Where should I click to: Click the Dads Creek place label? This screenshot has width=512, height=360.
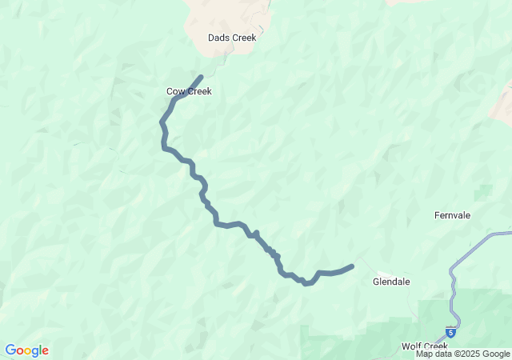231,38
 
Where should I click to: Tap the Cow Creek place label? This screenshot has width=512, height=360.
189,91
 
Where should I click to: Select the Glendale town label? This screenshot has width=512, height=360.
391,282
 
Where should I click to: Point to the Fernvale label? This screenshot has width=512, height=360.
452,215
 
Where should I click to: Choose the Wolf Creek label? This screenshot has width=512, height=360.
424,346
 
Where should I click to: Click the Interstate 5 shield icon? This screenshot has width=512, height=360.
451,331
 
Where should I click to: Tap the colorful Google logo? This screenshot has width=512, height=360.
26,350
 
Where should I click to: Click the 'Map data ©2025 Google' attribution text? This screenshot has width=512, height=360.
462,354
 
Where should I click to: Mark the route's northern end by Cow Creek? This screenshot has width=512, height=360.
200,78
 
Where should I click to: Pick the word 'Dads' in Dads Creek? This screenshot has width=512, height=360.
219,38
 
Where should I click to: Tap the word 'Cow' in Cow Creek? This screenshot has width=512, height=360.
176,91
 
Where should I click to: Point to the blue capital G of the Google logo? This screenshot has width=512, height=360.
10,350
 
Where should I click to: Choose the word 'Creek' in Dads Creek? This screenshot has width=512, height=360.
243,38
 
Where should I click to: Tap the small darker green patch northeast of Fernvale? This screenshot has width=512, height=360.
483,192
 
